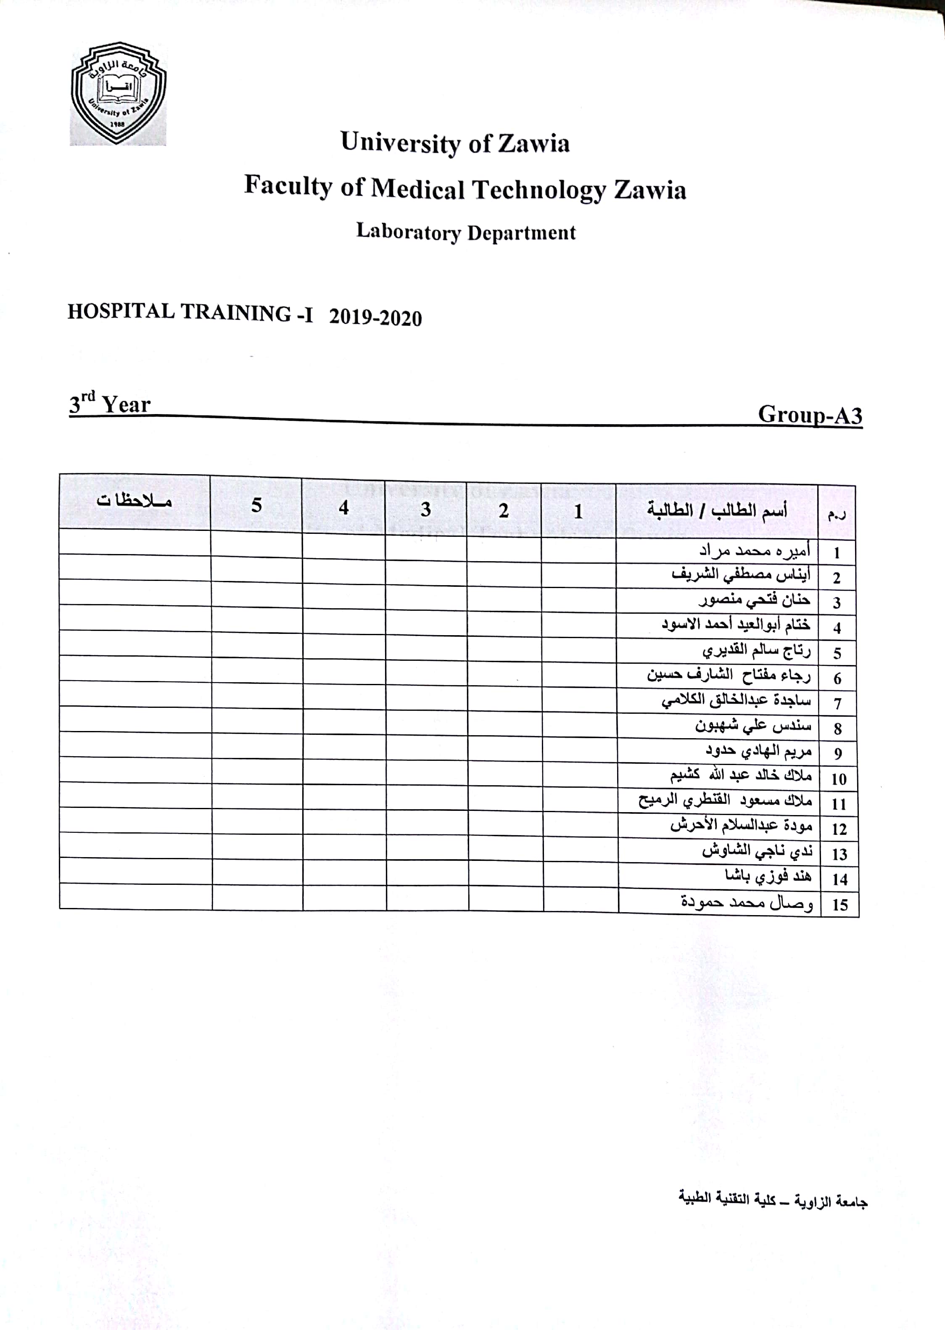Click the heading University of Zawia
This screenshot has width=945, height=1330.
pos(454,143)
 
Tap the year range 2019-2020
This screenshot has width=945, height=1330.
pos(375,318)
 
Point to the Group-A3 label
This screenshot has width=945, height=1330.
pos(809,415)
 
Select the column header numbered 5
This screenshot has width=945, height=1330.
pos(256,505)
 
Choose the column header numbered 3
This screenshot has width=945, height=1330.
pos(426,509)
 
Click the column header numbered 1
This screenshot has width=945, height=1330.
pos(578,512)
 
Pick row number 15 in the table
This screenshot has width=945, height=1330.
pos(839,905)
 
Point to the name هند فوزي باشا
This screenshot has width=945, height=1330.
pos(768,876)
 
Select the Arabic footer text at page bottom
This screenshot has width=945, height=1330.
pos(773,1200)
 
